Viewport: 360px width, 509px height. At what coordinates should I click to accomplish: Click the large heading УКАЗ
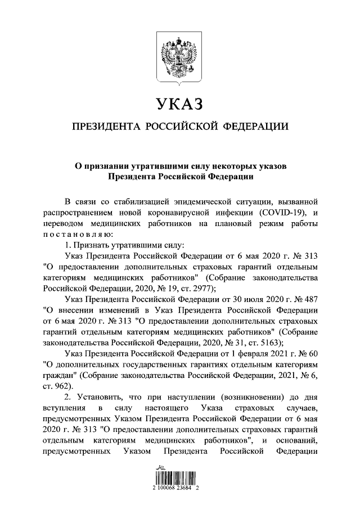(179, 104)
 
